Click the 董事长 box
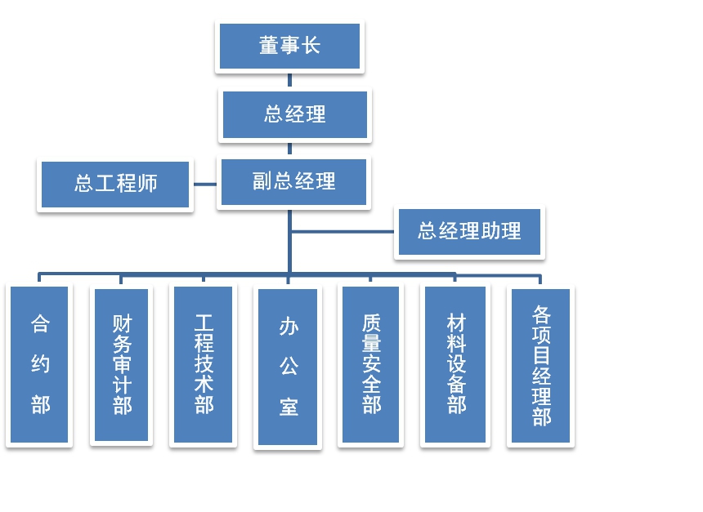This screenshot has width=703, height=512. point(289,47)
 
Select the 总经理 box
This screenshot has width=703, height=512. point(295,115)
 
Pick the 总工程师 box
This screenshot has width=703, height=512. point(115,185)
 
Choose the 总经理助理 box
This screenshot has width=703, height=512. point(469,232)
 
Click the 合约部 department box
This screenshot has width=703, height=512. point(39,364)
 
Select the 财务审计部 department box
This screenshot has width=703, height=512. point(122,364)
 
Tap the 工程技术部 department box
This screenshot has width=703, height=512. point(203,364)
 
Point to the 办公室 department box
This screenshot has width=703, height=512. point(288,367)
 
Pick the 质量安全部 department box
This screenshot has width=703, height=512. point(370,364)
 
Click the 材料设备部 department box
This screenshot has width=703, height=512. point(455,364)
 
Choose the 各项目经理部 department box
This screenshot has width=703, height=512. point(540,365)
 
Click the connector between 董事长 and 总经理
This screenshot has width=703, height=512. point(289,80)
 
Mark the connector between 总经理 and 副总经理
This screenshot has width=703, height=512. point(289,149)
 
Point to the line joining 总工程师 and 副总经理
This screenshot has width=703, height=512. point(204,184)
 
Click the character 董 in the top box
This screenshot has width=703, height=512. point(269,47)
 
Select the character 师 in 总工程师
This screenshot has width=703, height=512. point(148,185)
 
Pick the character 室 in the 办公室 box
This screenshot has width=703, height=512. point(288,407)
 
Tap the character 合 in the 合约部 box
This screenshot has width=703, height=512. point(39,324)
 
